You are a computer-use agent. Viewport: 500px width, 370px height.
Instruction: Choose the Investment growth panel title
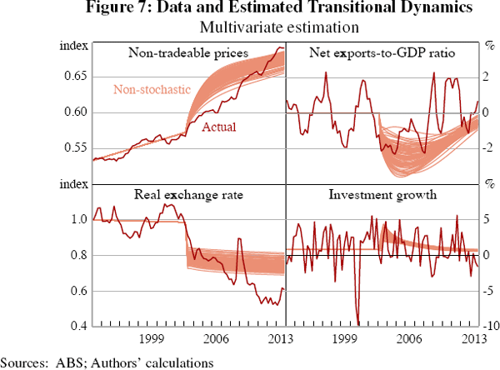(x=382, y=196)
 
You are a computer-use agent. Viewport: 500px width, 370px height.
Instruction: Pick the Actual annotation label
(x=219, y=127)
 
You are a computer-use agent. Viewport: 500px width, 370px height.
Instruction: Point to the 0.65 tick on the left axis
(x=75, y=77)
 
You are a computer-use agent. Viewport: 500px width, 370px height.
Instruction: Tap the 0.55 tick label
(x=75, y=148)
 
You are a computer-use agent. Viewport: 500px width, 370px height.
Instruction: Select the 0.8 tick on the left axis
(x=79, y=255)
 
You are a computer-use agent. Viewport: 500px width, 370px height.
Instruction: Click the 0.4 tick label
(x=79, y=326)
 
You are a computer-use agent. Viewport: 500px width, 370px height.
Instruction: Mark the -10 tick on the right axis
(x=488, y=326)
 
